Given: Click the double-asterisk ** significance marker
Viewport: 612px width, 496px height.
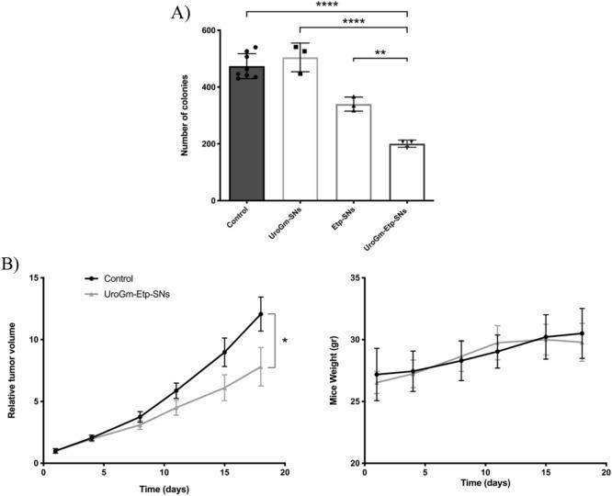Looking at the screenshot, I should click(380, 54).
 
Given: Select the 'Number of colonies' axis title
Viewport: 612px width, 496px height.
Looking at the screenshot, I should click(186, 115).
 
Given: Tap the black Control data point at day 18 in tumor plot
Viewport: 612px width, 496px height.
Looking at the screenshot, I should click(261, 314).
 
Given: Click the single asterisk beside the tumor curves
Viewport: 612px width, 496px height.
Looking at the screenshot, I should click(285, 342).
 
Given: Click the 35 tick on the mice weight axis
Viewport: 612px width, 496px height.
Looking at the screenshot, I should click(350, 277).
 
